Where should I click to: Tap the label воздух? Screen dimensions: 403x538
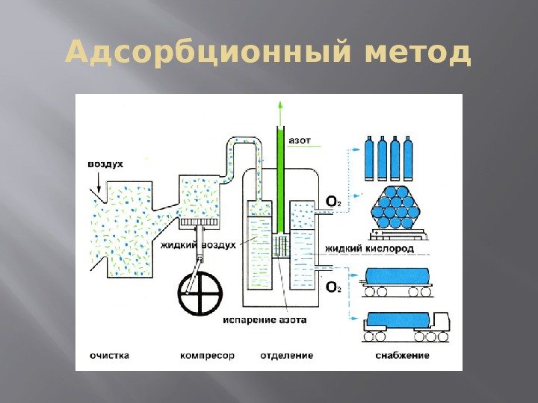[x=105, y=163]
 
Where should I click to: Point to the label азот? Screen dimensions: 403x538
[x=300, y=140]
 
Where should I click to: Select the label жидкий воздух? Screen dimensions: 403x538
[x=198, y=245]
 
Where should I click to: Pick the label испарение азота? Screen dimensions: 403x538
[x=264, y=319]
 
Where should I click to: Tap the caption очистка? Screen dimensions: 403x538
[x=108, y=355]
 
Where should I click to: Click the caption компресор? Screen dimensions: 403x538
[x=207, y=355]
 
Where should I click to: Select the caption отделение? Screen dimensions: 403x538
[x=286, y=355]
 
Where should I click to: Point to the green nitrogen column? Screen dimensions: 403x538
[x=280, y=179]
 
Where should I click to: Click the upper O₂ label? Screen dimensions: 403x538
[x=333, y=201]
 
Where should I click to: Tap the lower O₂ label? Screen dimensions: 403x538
[x=333, y=287]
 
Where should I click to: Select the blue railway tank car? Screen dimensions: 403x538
[x=398, y=277]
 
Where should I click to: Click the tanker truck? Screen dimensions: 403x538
[x=405, y=322]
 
